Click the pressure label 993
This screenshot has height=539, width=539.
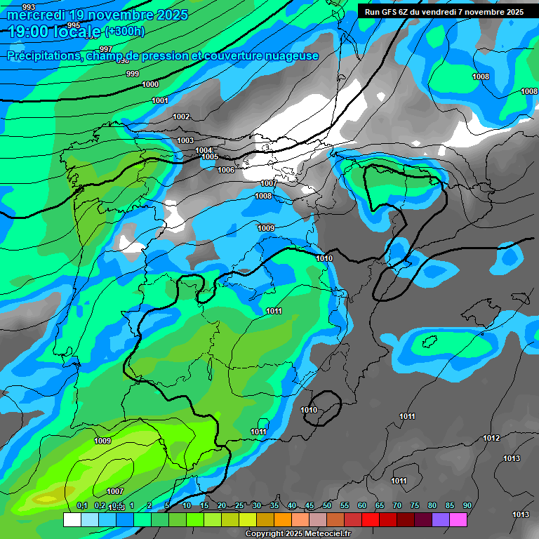point(29,7)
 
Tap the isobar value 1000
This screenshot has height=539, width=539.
point(150,84)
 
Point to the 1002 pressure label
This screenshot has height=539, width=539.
point(181,117)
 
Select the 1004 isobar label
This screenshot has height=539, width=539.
point(204,150)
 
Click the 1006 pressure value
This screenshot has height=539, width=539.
point(226,171)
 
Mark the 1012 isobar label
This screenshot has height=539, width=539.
point(491,438)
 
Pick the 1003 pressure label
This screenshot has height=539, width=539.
point(185,140)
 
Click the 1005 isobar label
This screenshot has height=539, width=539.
point(210,157)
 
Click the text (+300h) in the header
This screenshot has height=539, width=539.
point(124,31)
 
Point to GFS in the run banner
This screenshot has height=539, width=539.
point(390,12)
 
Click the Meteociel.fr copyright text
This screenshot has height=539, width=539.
point(298,534)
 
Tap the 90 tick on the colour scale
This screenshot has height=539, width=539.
point(467,506)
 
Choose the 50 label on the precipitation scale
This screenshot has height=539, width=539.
point(327,506)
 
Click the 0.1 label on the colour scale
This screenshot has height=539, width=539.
point(82,506)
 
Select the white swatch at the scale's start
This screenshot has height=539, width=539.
point(72,519)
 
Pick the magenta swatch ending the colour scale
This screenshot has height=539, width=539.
point(458,519)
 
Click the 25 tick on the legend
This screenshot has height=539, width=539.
point(239,506)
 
